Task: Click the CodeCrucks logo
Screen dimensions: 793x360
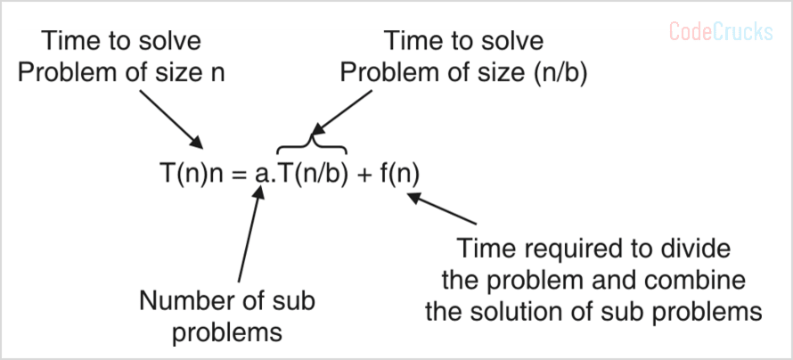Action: pyautogui.click(x=721, y=33)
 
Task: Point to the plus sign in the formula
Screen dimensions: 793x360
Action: pyautogui.click(x=364, y=174)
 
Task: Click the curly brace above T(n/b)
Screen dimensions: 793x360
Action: pyautogui.click(x=312, y=142)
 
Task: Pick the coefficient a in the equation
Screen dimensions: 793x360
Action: pyautogui.click(x=259, y=175)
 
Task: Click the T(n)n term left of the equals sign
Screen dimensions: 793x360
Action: pyautogui.click(x=190, y=174)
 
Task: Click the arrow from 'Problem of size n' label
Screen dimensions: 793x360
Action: pyautogui.click(x=169, y=115)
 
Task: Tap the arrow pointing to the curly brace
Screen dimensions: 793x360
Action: pyautogui.click(x=342, y=111)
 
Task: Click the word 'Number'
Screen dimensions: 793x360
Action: pyautogui.click(x=180, y=300)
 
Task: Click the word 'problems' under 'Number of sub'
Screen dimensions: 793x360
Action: pyautogui.click(x=226, y=332)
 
